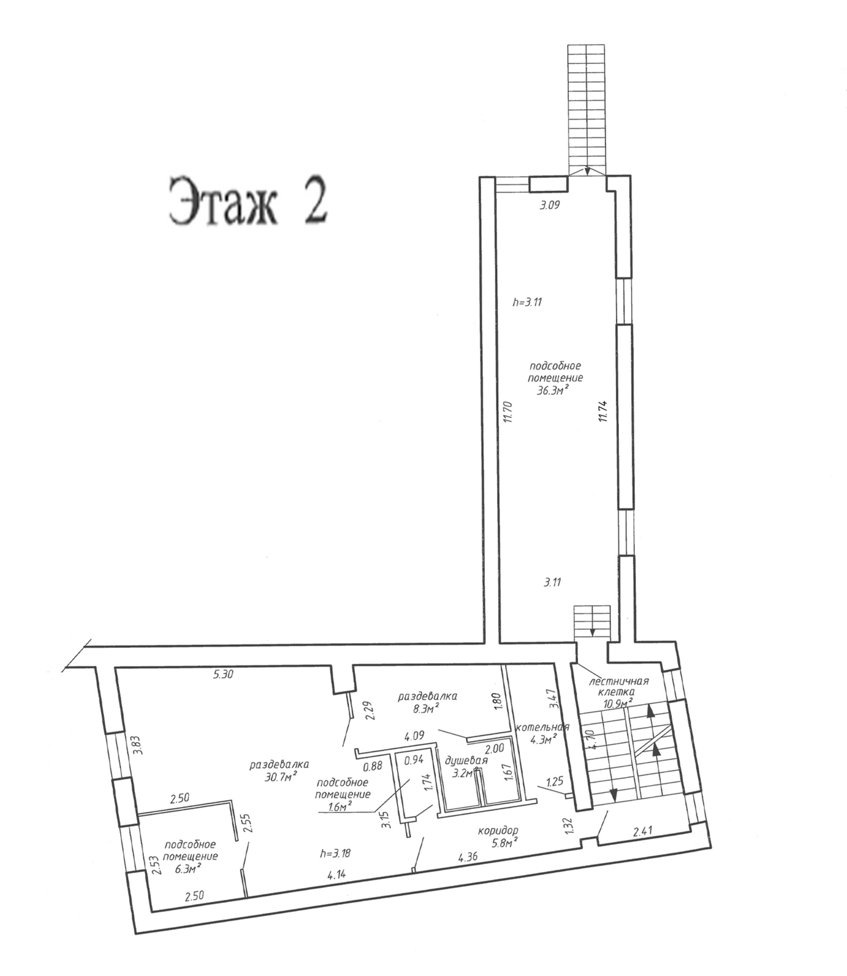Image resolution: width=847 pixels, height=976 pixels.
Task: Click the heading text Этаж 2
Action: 248,201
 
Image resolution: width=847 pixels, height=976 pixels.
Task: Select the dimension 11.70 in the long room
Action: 506,412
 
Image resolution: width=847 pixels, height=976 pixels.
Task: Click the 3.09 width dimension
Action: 549,206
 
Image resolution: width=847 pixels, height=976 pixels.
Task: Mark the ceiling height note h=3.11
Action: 528,301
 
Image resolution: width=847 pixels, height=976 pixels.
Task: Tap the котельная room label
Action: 543,727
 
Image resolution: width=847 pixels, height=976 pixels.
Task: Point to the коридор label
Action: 498,830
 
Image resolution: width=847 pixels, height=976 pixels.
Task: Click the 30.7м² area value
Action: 280,775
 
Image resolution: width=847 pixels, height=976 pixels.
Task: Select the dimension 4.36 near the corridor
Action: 469,857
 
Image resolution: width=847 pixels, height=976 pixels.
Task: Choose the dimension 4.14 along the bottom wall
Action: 337,875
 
